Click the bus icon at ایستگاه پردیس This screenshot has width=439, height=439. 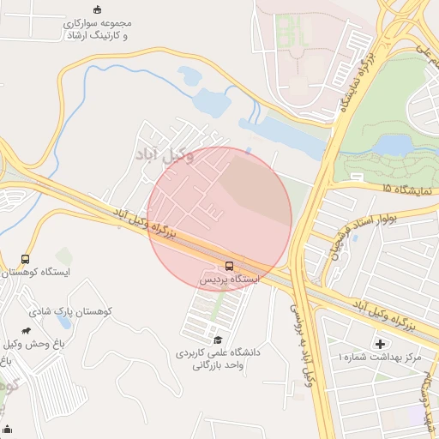click(x=229, y=265)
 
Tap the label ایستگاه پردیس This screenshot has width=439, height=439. click(x=229, y=279)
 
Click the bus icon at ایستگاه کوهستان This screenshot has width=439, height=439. click(x=25, y=259)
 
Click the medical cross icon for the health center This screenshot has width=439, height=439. click(x=380, y=344)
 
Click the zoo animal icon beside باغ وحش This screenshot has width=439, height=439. click(x=27, y=331)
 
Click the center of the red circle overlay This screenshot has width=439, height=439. click(x=219, y=219)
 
